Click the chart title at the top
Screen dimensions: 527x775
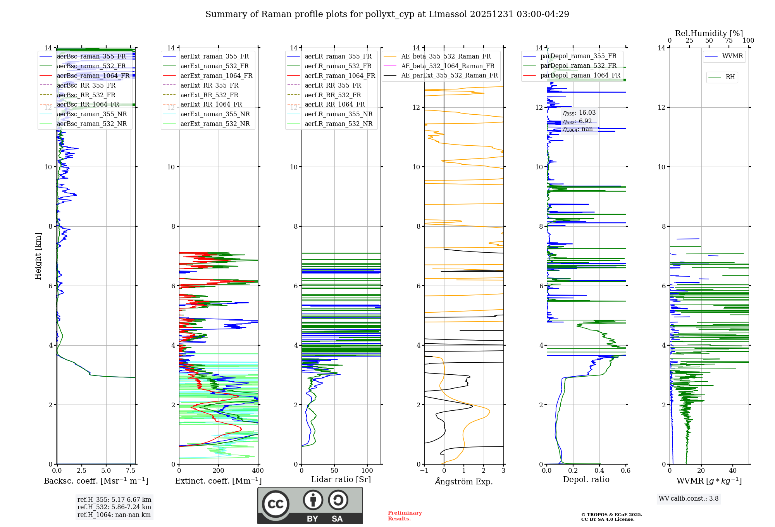[x=387, y=14]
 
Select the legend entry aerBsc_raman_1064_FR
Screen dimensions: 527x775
[x=93, y=76]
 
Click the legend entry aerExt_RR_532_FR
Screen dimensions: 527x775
[x=209, y=95]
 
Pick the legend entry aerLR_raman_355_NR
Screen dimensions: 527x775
[x=338, y=114]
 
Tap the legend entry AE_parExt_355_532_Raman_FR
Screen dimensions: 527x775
[x=449, y=75]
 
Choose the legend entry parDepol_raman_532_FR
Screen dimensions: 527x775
[x=578, y=66]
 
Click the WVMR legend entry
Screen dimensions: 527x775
[x=732, y=56]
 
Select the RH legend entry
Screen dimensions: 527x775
[x=730, y=77]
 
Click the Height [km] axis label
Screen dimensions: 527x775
[x=38, y=256]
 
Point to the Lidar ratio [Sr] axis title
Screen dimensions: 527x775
[x=341, y=479]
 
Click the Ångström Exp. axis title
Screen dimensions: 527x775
[x=463, y=481]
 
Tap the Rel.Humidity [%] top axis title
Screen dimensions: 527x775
[x=709, y=33]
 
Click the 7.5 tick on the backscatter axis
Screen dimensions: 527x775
[x=131, y=471]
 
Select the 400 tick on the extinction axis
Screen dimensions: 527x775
[x=258, y=471]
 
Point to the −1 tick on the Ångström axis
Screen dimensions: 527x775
[x=424, y=471]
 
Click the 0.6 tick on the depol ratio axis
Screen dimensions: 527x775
[x=625, y=471]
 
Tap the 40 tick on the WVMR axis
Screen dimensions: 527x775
[x=732, y=471]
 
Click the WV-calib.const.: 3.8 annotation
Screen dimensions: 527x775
[x=688, y=498]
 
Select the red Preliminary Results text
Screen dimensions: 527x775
[x=405, y=515]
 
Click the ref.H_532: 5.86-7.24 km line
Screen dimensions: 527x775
[x=114, y=507]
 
